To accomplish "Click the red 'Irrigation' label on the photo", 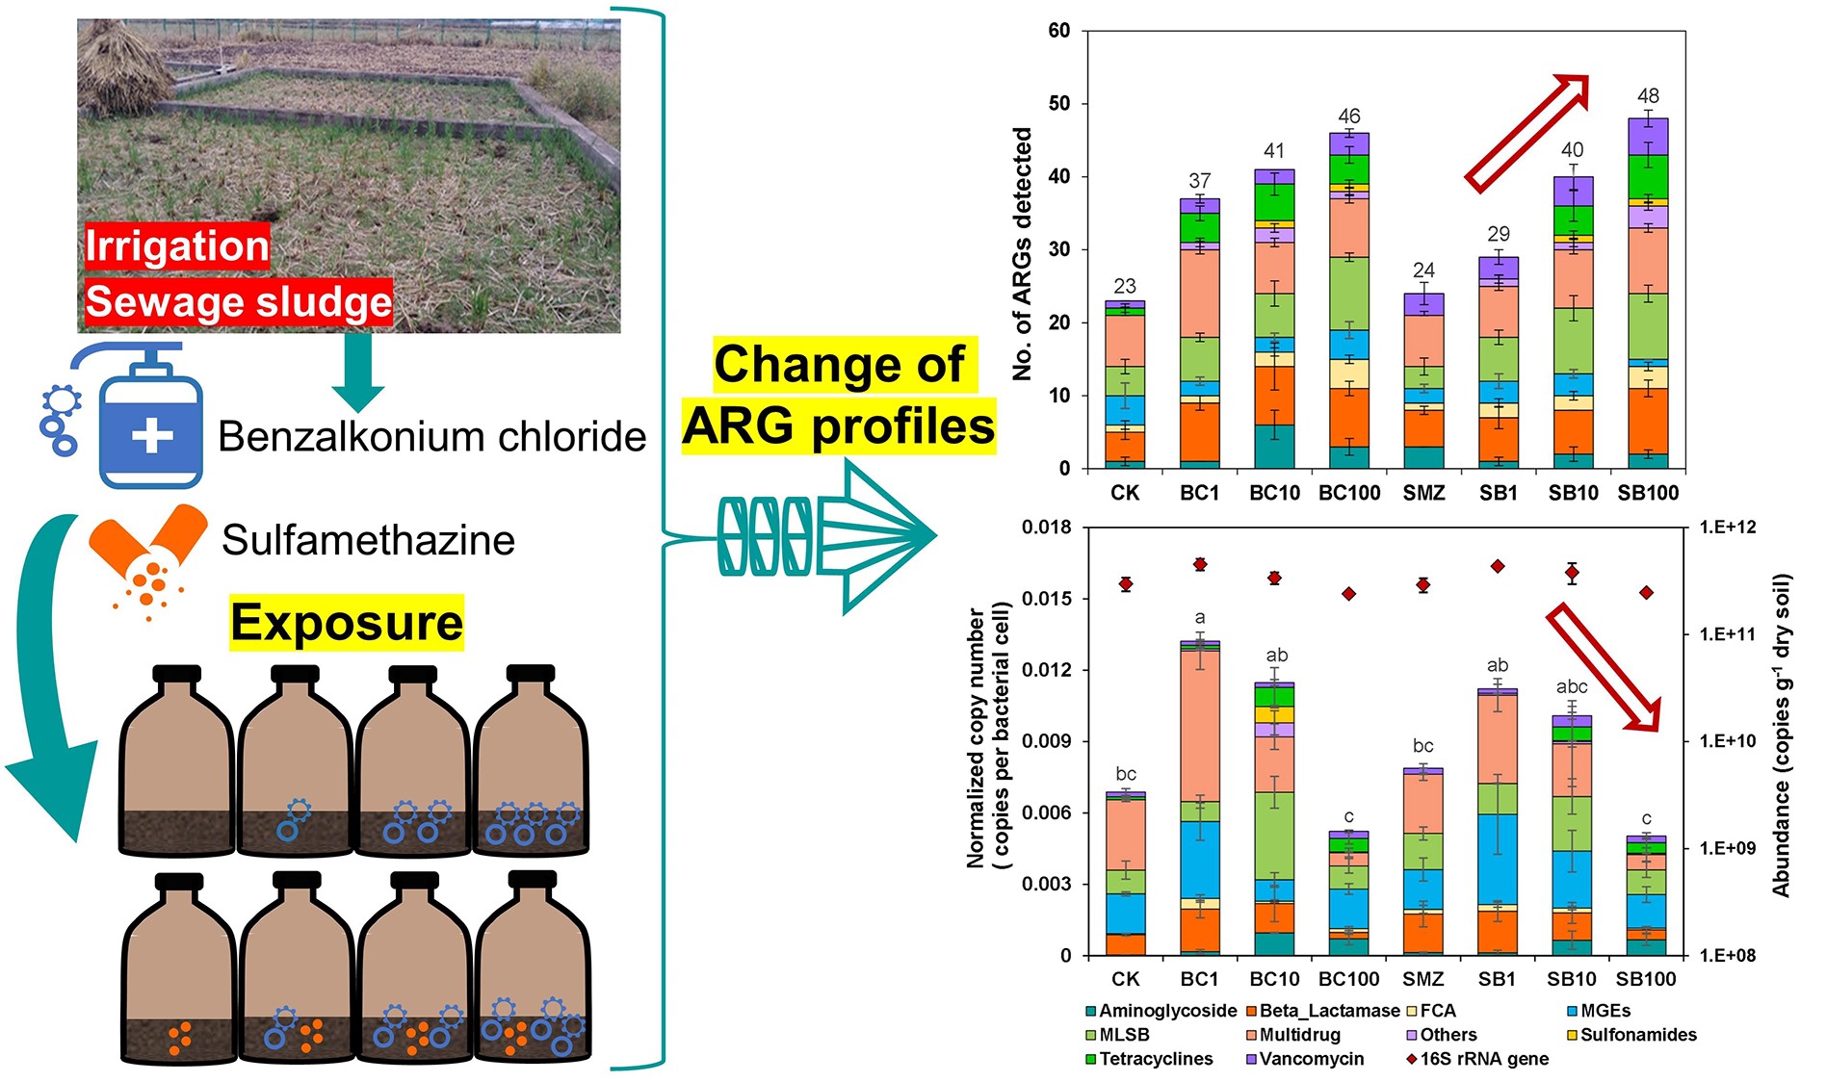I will (x=177, y=245).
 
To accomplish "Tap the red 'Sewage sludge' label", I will (x=239, y=302).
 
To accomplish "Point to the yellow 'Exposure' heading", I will (x=347, y=623).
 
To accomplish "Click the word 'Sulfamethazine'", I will (x=368, y=540).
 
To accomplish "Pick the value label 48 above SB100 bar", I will (x=1648, y=96).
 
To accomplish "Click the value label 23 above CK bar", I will (x=1125, y=286).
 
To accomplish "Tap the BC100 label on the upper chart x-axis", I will (x=1348, y=493).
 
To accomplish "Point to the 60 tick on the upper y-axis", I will (x=1059, y=31).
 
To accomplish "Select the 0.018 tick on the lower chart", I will (x=1046, y=528).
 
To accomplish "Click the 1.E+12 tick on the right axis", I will (x=1728, y=528).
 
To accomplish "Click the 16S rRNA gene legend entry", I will (x=1483, y=1059).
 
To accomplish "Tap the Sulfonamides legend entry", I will (x=1637, y=1035).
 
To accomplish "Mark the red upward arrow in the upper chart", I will (x=1528, y=132).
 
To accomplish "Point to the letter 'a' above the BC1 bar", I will (x=1199, y=618).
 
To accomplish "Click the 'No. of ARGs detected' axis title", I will (x=1023, y=253).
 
